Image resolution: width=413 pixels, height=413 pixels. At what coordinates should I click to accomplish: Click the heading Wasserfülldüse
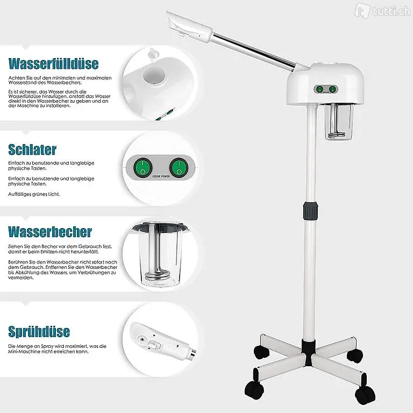point(53,63)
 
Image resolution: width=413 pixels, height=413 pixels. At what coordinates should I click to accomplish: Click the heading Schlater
point(32,149)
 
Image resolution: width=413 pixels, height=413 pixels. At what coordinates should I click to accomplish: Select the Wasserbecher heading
point(50,232)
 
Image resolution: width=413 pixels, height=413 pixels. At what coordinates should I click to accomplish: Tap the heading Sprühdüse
point(39,331)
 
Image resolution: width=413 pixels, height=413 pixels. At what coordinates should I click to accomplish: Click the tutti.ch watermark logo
point(382,11)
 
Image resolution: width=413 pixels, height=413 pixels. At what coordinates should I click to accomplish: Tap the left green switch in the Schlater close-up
point(143,167)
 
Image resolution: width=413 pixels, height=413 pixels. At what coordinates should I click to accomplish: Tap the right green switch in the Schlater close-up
point(179,167)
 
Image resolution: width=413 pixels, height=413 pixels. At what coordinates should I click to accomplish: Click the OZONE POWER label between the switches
point(161,176)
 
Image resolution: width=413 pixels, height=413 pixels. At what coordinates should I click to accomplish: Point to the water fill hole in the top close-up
point(154,75)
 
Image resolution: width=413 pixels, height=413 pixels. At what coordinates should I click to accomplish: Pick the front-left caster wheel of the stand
point(254,390)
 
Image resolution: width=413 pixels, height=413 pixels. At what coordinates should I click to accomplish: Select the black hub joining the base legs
point(309,352)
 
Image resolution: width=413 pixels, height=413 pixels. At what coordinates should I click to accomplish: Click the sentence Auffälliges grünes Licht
point(34,194)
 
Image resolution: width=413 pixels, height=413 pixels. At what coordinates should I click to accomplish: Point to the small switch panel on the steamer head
point(326,89)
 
